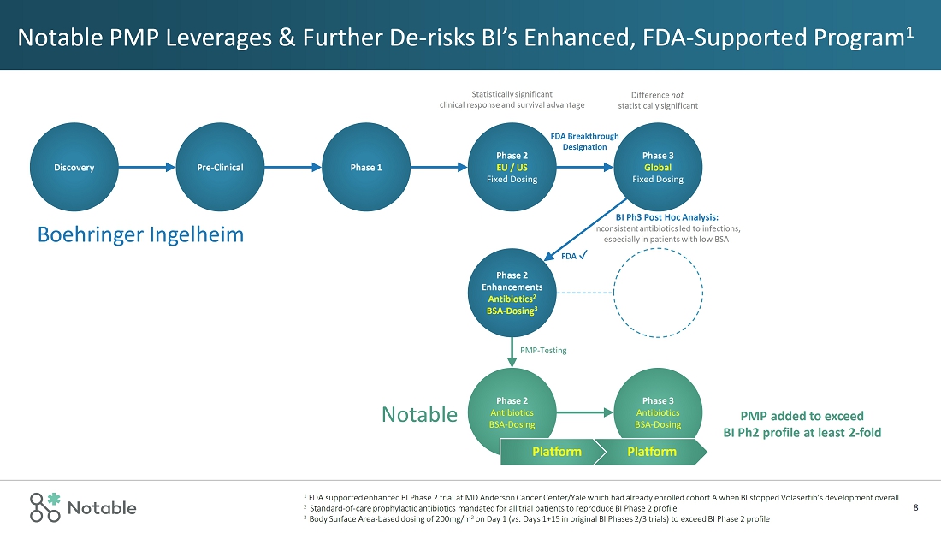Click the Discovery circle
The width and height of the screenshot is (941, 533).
click(x=74, y=168)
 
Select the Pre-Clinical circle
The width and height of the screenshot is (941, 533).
click(x=220, y=168)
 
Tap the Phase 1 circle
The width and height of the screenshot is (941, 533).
click(x=366, y=168)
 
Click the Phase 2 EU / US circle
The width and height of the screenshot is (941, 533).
click(x=512, y=168)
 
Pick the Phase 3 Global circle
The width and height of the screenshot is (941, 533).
click(x=657, y=168)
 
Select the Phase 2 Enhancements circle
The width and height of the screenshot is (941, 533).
click(x=511, y=292)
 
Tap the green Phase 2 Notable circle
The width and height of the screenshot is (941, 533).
click(x=512, y=412)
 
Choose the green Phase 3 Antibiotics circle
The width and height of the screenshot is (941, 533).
click(x=657, y=412)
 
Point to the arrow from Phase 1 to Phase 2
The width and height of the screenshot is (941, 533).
click(x=439, y=168)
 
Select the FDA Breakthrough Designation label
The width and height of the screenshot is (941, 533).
click(x=584, y=141)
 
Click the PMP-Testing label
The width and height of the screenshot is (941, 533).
click(x=543, y=350)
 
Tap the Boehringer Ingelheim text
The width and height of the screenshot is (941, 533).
click(x=141, y=234)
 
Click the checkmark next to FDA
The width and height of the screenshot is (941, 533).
click(x=583, y=255)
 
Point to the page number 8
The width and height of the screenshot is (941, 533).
click(x=916, y=507)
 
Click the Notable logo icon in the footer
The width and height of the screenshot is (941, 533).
click(x=45, y=506)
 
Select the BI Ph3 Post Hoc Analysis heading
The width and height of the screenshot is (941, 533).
click(x=666, y=217)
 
